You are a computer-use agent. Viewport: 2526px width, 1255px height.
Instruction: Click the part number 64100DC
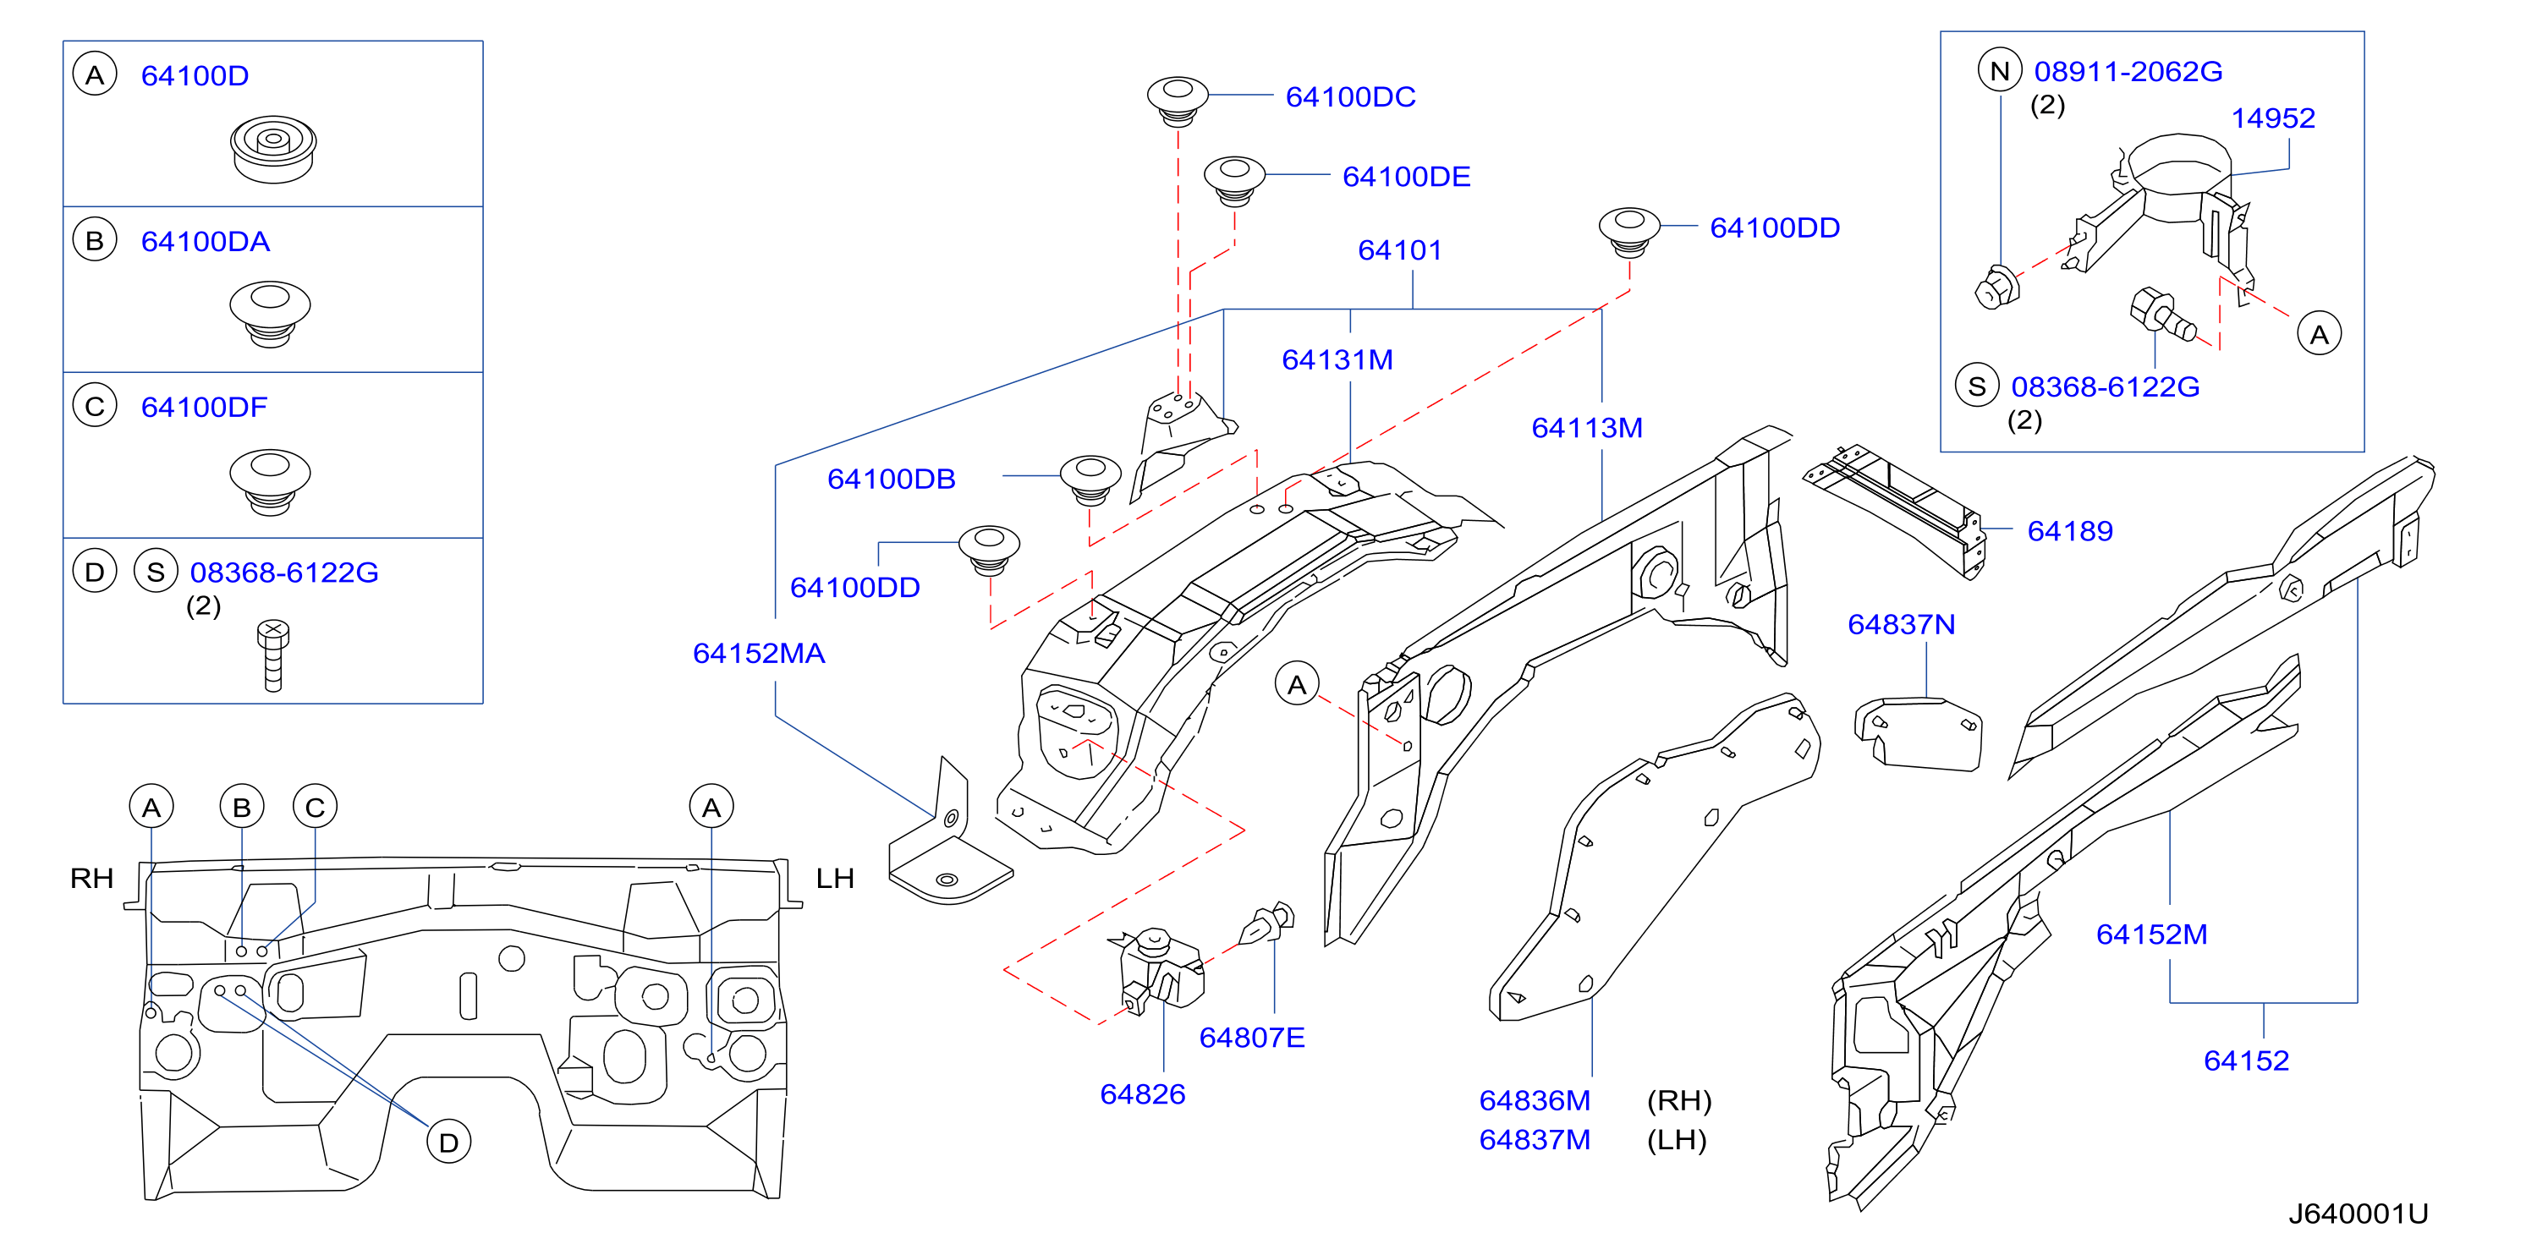(x=1350, y=97)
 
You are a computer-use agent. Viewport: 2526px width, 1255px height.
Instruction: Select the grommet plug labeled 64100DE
(x=1234, y=180)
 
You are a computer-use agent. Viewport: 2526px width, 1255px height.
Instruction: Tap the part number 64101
(x=1399, y=250)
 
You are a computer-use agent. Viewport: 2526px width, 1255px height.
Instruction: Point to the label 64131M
(x=1337, y=359)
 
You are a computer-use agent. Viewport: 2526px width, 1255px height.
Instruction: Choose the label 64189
(x=2070, y=531)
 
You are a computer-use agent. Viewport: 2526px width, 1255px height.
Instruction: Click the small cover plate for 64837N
(x=1918, y=733)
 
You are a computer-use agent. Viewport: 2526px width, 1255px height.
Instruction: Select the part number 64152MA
(x=759, y=653)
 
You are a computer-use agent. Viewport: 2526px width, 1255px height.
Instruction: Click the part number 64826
(x=1142, y=1094)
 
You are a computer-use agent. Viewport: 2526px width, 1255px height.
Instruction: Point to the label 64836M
(x=1535, y=1101)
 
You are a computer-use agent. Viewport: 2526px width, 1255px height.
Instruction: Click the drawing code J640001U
(x=2359, y=1214)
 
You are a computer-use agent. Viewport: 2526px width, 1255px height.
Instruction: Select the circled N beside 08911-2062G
(x=2001, y=70)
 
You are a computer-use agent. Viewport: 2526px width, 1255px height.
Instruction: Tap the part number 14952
(x=2273, y=118)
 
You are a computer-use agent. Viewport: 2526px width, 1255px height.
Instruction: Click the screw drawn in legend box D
(x=273, y=655)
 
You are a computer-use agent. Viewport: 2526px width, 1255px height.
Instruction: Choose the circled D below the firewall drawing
(x=449, y=1143)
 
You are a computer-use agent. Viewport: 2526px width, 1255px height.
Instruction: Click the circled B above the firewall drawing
(x=242, y=807)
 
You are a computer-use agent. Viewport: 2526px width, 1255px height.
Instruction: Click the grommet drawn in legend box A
(x=273, y=149)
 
